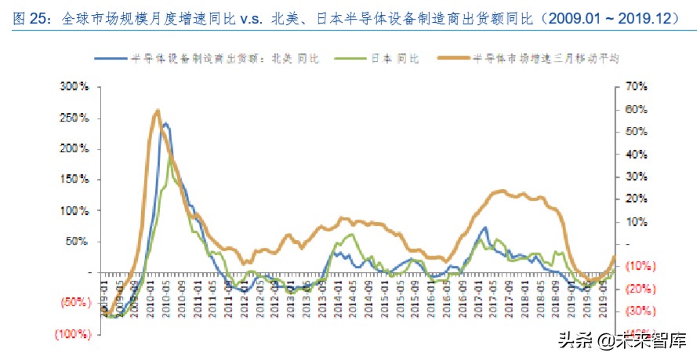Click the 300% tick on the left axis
pyautogui.click(x=75, y=85)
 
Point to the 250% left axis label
pyautogui.click(x=75, y=117)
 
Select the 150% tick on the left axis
pyautogui.click(x=75, y=179)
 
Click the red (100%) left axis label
pyautogui.click(x=73, y=334)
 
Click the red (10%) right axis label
pyautogui.click(x=630, y=266)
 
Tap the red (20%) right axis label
pyautogui.click(x=630, y=289)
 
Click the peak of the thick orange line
pyautogui.click(x=158, y=111)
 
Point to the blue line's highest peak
pyautogui.click(x=165, y=124)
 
